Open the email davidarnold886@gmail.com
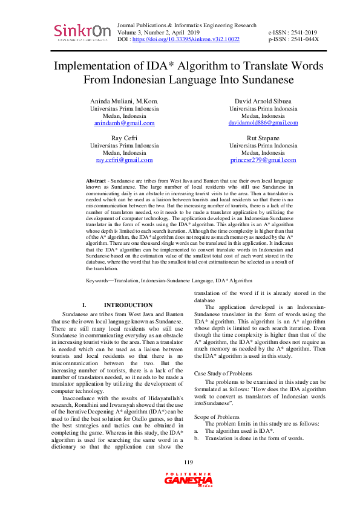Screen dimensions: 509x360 pos(263,123)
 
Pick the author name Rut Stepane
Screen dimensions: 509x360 pos(263,138)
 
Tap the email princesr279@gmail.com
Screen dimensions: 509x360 pos(263,160)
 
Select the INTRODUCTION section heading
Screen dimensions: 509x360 pos(128,305)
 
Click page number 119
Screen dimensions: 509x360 pos(180,463)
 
